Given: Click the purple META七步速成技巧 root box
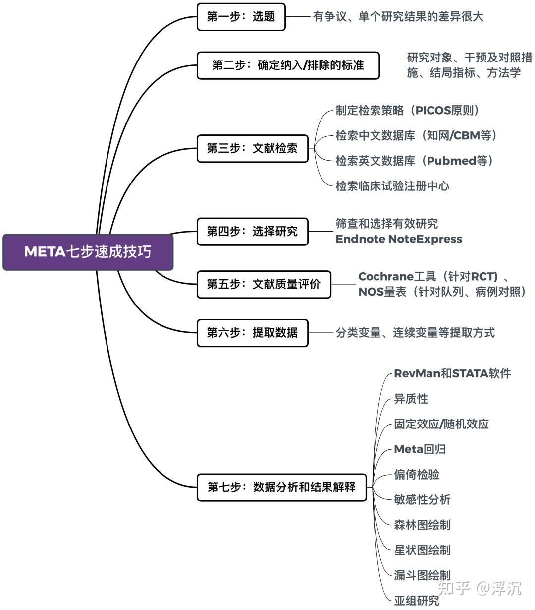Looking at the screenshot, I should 88,252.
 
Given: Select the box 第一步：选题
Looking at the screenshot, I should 241,17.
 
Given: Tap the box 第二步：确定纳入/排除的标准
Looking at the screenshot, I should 288,65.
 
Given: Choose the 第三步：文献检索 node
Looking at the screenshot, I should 252,148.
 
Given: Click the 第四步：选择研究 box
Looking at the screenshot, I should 252,231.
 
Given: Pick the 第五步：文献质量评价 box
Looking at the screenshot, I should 264,284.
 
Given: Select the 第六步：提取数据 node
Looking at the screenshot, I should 252,332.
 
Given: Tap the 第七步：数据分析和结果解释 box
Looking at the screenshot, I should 281,487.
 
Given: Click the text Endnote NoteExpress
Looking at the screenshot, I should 399,239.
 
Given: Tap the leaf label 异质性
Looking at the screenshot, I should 411,399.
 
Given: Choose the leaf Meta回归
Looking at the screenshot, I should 420,449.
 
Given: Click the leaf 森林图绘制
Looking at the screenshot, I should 422,525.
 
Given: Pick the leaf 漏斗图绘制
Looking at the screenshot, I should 422,575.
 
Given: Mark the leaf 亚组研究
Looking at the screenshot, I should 416,601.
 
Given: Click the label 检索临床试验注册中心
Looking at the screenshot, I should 392,186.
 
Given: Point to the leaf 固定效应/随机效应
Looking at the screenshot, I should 441,424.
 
